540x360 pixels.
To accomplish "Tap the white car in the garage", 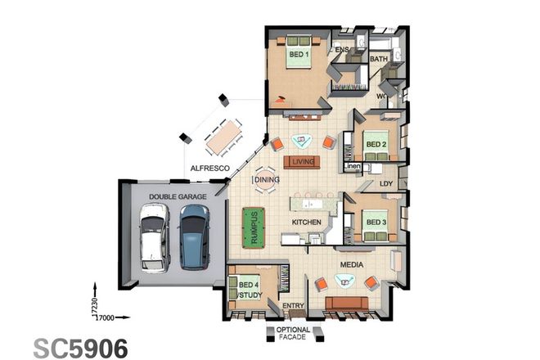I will (x=153, y=236).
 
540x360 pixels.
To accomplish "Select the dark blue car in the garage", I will (x=194, y=236).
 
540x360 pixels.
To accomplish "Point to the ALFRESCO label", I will (x=209, y=168).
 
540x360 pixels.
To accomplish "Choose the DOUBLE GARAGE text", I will (x=173, y=196).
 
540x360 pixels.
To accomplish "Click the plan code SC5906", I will (x=81, y=347).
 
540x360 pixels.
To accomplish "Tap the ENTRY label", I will (x=293, y=306).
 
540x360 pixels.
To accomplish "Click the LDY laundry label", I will (x=387, y=184).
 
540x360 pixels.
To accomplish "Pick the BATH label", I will (x=378, y=59).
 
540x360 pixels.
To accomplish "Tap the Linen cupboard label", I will (x=352, y=167).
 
